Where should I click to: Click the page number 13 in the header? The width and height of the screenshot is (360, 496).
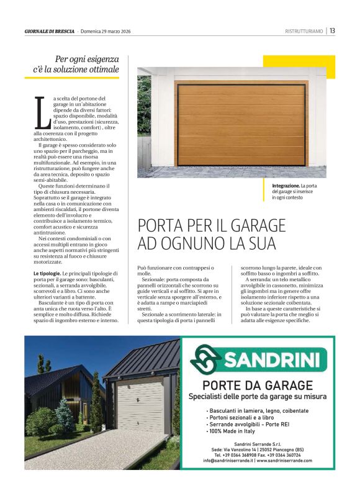(332, 30)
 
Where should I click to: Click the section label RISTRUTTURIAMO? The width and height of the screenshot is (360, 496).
(304, 31)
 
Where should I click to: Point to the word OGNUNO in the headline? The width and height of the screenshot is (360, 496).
(196, 243)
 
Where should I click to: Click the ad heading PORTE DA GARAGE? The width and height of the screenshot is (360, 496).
(258, 386)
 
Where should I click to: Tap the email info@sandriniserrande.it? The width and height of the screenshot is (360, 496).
(228, 461)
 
